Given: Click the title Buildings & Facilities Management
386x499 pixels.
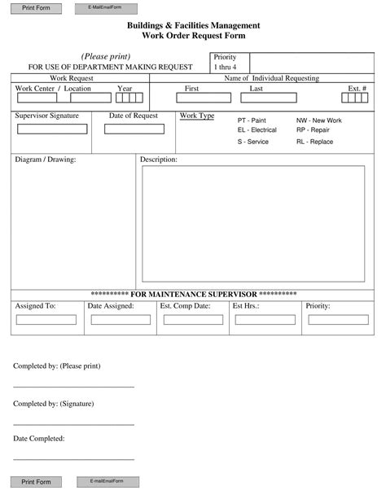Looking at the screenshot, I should tap(193, 26).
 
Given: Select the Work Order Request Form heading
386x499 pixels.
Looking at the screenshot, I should tap(193, 36).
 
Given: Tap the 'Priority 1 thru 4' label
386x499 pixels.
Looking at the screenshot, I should tap(225, 62).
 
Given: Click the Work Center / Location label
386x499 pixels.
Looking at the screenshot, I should tap(53, 88).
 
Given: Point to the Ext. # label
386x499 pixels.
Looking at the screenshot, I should tap(357, 88).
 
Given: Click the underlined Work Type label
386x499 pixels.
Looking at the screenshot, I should tap(197, 116).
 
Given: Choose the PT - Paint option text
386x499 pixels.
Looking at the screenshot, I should tap(252, 120).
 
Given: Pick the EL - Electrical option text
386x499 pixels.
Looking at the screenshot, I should tap(257, 130).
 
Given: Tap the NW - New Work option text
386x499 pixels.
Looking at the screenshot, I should tap(318, 120).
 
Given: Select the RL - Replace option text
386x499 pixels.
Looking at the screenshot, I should tap(314, 142).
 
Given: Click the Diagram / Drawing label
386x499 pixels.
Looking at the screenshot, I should tap(46, 160).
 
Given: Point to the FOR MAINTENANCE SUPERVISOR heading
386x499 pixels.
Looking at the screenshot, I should tap(193, 293).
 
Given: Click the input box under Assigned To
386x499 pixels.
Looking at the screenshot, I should tap(46, 320).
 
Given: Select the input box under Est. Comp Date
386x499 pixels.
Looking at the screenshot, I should tap(193, 320).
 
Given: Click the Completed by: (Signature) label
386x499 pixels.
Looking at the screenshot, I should tap(53, 404).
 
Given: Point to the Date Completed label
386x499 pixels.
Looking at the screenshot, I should tap(39, 439).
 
